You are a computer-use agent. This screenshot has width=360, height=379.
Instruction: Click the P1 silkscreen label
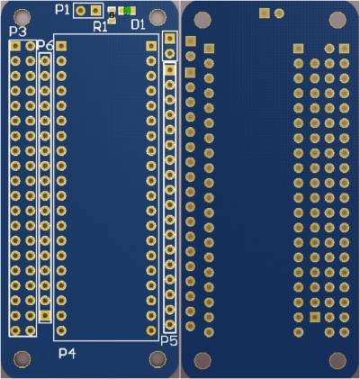click(x=62, y=10)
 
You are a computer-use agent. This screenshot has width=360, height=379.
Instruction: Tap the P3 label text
click(x=18, y=32)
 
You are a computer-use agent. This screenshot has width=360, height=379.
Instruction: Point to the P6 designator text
click(x=45, y=45)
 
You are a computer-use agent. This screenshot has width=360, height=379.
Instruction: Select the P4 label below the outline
click(x=67, y=354)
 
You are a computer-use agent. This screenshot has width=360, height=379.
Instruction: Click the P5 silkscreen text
click(x=169, y=340)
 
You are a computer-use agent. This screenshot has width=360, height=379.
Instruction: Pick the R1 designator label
click(x=100, y=27)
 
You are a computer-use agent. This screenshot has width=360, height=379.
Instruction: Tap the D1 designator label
click(x=138, y=25)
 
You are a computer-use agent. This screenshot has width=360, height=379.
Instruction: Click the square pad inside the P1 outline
click(x=95, y=11)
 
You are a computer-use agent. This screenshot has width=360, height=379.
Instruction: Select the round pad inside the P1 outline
click(x=80, y=11)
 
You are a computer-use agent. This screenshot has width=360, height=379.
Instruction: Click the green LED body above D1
click(x=127, y=10)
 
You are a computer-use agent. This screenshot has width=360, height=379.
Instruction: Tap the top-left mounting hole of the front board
click(x=22, y=17)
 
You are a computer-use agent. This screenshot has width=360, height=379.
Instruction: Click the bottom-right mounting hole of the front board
click(x=157, y=359)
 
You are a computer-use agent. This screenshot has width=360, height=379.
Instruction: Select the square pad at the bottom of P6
click(x=45, y=315)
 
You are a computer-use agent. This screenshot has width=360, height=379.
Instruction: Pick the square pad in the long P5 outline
click(x=170, y=70)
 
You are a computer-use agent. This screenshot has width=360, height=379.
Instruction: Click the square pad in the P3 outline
click(x=15, y=46)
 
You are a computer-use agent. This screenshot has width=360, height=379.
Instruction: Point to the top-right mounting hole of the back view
click(x=337, y=20)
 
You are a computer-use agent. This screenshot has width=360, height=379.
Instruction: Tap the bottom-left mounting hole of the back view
click(x=202, y=360)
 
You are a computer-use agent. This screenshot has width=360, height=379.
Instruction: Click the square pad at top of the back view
click(x=265, y=14)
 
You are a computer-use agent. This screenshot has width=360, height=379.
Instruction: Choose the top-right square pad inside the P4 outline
click(x=151, y=46)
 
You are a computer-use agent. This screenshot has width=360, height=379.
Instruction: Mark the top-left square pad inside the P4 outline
click(x=61, y=46)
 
